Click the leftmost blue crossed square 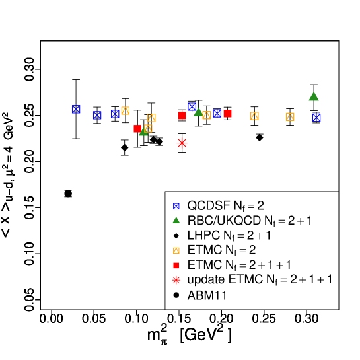76,109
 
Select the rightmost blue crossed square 316,117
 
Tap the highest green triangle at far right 314,96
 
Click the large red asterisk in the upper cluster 182,143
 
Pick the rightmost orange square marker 290,116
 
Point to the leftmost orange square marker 125,110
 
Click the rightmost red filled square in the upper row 227,114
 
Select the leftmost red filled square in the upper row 137,129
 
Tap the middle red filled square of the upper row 182,116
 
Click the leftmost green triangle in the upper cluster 143,132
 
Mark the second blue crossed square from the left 97,115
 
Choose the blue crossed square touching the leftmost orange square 116,114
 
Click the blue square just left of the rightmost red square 217,113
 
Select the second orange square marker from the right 254,116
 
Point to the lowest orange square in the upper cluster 148,128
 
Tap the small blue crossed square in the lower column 176,206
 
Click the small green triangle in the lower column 176,220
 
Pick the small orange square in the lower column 176,250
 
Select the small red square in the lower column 176,266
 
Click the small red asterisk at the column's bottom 176,280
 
